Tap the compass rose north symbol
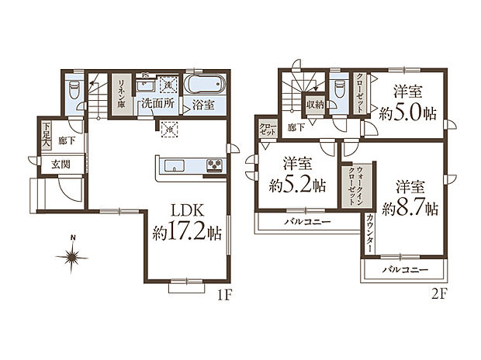[71, 254]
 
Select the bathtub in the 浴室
[204, 84]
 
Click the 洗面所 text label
[156, 103]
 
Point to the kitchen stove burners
[213, 164]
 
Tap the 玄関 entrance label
[62, 164]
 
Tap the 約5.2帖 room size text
[297, 187]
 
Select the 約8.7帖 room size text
[409, 209]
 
